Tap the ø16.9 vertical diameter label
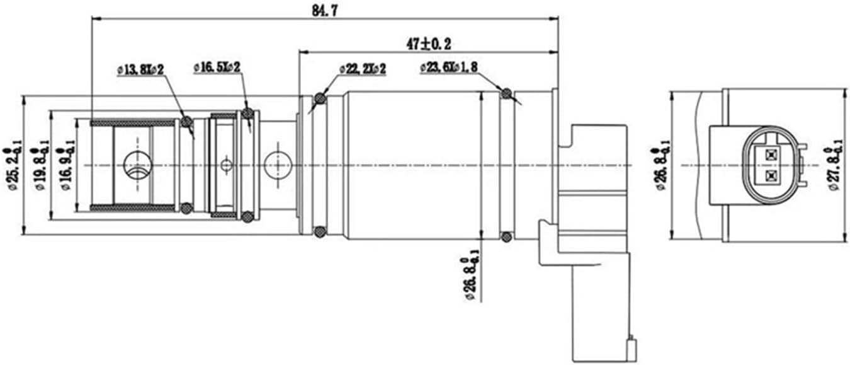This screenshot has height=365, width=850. [x=67, y=165]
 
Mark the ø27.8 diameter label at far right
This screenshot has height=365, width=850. [x=833, y=165]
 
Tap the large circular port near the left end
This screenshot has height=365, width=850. [x=138, y=165]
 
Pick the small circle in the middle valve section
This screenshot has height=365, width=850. [x=227, y=165]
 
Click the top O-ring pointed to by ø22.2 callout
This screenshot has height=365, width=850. [x=320, y=98]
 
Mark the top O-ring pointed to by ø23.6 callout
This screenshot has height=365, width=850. [x=506, y=94]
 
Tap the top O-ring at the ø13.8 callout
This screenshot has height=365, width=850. [x=187, y=121]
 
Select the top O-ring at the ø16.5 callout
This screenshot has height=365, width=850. [x=247, y=113]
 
